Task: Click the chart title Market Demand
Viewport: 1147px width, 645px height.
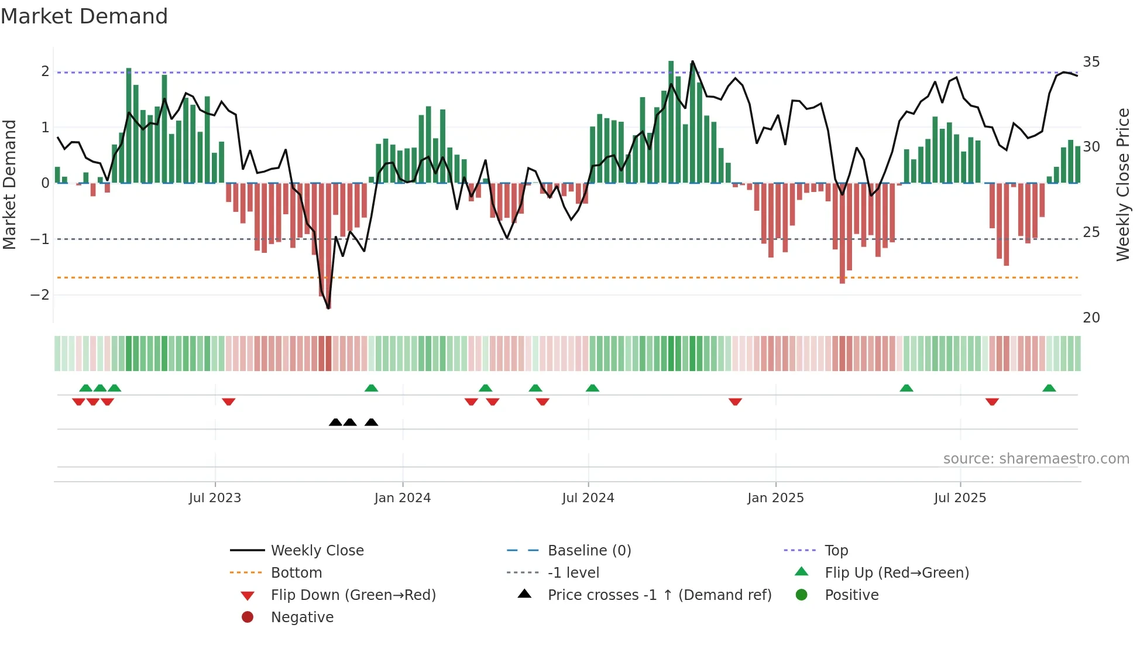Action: pyautogui.click(x=84, y=16)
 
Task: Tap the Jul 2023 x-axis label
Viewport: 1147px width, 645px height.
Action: pyautogui.click(x=215, y=498)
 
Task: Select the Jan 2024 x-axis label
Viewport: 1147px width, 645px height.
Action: pyautogui.click(x=403, y=498)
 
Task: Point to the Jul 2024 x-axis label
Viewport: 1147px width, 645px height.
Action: pyautogui.click(x=588, y=498)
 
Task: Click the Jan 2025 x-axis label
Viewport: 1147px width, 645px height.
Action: pyautogui.click(x=775, y=498)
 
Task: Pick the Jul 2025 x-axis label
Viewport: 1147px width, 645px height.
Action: pyautogui.click(x=960, y=498)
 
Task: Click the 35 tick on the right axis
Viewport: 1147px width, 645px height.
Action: pyautogui.click(x=1091, y=62)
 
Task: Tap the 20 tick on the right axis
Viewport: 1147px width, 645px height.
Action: pyautogui.click(x=1091, y=318)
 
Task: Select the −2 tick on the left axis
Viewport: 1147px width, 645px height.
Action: pyautogui.click(x=40, y=295)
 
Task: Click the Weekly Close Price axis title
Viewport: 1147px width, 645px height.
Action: pyautogui.click(x=1122, y=184)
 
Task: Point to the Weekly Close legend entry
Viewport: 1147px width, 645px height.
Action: pyautogui.click(x=317, y=551)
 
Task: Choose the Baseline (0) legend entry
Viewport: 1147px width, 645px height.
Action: pyautogui.click(x=589, y=551)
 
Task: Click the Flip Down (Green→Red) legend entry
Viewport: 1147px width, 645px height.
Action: pyautogui.click(x=353, y=595)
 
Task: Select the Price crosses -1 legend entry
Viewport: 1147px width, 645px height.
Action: pyautogui.click(x=659, y=595)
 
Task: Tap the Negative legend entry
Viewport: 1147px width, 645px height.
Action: pyautogui.click(x=302, y=617)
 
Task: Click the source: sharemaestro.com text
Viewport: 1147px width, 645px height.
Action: pyautogui.click(x=1036, y=459)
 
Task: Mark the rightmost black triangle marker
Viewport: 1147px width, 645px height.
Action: pyautogui.click(x=371, y=422)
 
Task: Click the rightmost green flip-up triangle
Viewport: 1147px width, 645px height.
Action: pyautogui.click(x=1049, y=388)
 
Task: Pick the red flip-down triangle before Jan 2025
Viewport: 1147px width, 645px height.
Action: pyautogui.click(x=736, y=402)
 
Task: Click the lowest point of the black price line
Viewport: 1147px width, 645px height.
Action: pyautogui.click(x=328, y=308)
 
